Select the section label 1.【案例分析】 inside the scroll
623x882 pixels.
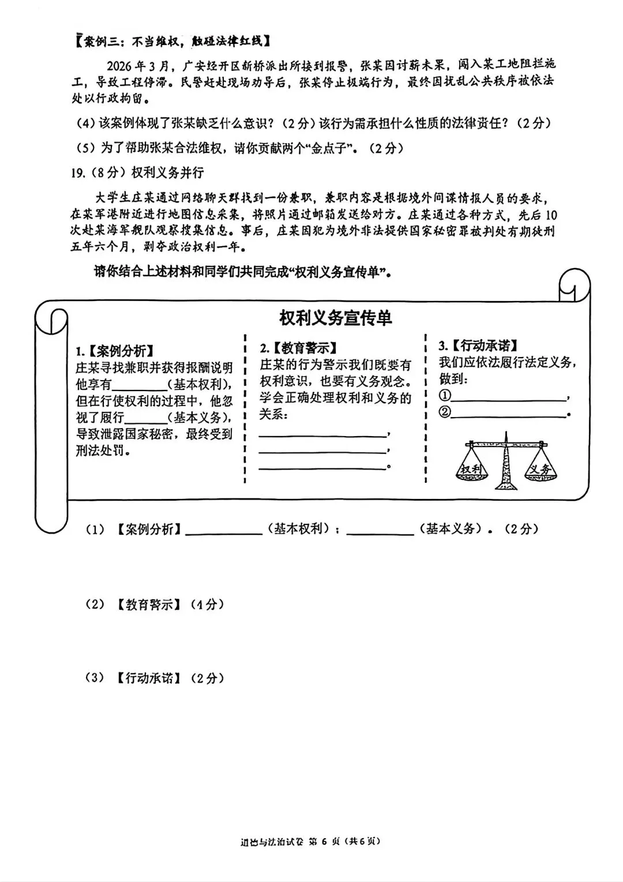click(115, 351)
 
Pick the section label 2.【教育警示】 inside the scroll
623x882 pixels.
click(298, 348)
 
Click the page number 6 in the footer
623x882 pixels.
click(324, 841)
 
